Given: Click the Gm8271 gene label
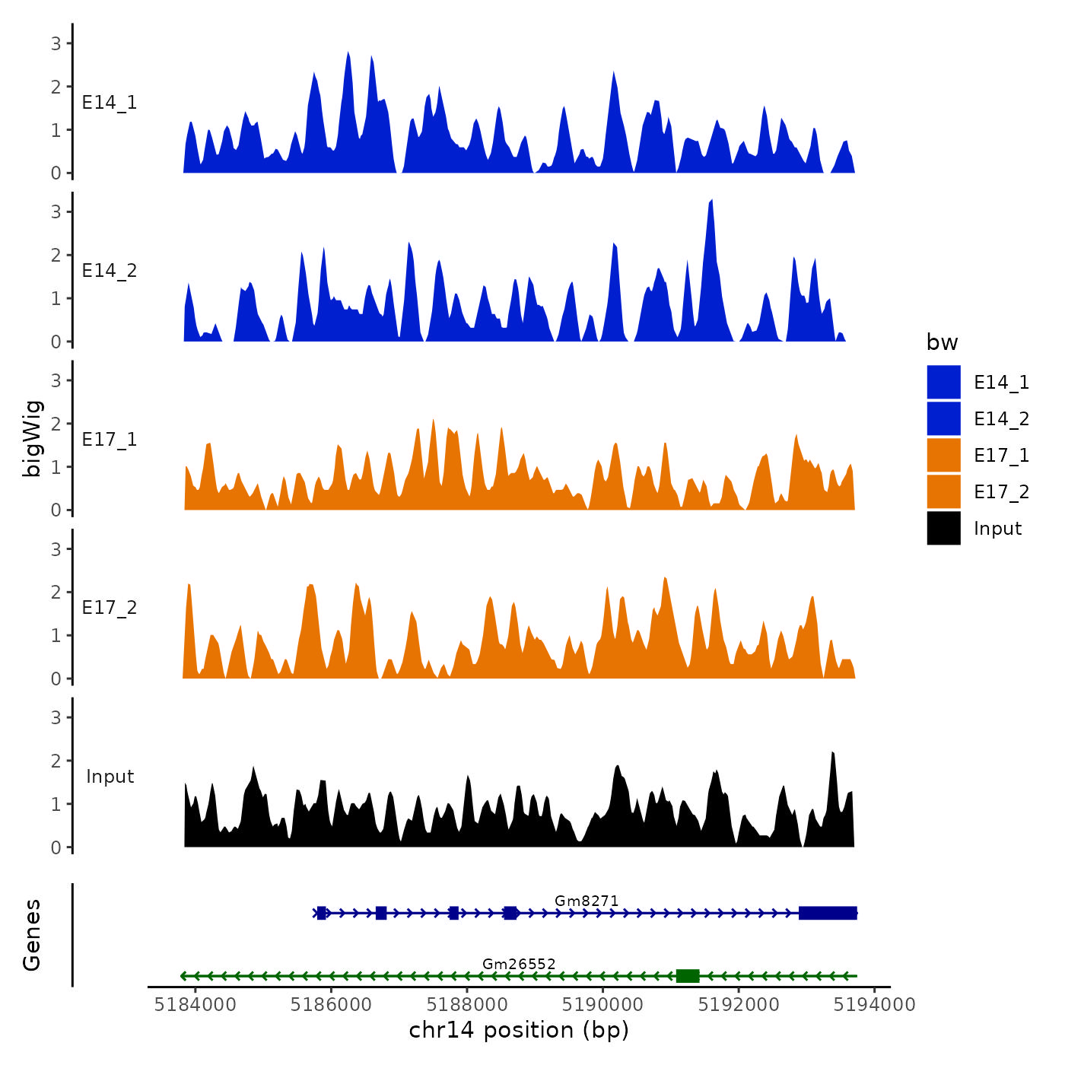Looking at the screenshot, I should pos(587,901).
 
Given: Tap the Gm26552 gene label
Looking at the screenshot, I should pos(519,964).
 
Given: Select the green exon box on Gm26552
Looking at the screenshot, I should pos(688,976).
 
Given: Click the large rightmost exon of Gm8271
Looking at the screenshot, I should pos(828,913).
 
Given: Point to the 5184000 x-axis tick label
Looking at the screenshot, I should pos(195,1005).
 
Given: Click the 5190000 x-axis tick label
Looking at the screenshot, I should pos(602,1005).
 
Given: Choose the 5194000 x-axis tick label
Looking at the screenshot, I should pos(874,1005).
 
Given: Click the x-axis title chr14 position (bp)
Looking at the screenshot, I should pos(519,1030).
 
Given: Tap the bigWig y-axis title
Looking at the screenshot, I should pos(33,438).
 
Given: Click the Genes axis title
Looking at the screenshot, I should pos(33,935).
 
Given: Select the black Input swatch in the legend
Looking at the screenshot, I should pos(943,528).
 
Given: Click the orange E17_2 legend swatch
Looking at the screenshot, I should pos(943,491).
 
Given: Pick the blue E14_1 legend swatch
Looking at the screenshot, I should pos(943,382).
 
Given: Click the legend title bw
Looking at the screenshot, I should pos(942,342).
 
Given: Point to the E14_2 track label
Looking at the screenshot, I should pos(110,271).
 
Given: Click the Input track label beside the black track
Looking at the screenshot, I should pos(110,777).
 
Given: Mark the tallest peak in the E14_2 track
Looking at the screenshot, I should pos(711,202).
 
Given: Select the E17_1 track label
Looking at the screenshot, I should pos(110,440).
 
